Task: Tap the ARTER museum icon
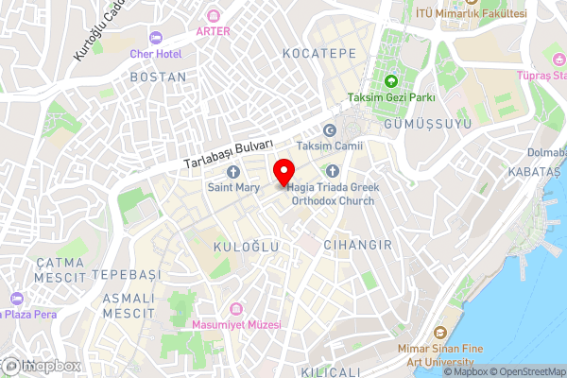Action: point(213,16)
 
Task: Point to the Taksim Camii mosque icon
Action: point(330,130)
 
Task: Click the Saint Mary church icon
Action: point(232,171)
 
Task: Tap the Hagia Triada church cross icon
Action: point(332,171)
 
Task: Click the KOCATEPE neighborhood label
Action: point(318,54)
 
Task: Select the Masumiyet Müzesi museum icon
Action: point(237,308)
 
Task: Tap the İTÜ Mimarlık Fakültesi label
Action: point(472,15)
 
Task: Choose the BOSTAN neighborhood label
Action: point(159,77)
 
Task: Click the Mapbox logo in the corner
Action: point(42,366)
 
